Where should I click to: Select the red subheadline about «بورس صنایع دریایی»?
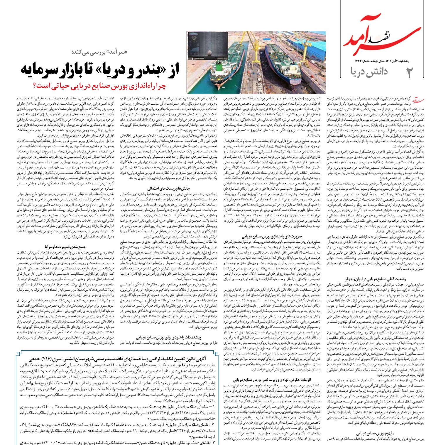[x=100, y=86]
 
